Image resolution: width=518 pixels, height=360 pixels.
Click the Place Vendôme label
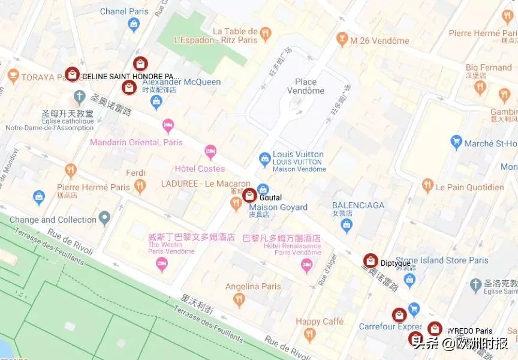click(x=310, y=86)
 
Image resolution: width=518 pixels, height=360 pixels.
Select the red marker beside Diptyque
click(x=371, y=261)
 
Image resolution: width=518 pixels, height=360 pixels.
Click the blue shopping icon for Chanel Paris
click(x=134, y=25)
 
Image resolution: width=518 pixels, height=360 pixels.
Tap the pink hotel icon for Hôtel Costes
click(x=210, y=151)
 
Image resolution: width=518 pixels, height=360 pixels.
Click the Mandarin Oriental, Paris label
click(x=137, y=142)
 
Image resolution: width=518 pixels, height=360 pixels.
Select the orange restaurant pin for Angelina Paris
click(x=239, y=299)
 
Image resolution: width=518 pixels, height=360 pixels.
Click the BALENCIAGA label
click(x=358, y=205)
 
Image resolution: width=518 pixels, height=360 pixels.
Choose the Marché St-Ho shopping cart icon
click(x=456, y=142)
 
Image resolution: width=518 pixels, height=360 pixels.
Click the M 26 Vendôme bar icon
click(x=342, y=40)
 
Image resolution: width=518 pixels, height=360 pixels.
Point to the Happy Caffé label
click(x=320, y=322)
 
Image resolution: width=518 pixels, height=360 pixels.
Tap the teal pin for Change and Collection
click(x=105, y=217)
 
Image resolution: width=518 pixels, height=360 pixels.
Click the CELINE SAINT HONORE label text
click(x=130, y=76)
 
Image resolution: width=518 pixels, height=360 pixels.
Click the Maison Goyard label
click(x=278, y=208)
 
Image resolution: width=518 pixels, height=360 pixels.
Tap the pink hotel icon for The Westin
click(x=161, y=265)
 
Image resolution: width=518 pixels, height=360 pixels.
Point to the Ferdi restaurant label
click(x=135, y=173)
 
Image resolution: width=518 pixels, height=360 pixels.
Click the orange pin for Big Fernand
click(x=479, y=88)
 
